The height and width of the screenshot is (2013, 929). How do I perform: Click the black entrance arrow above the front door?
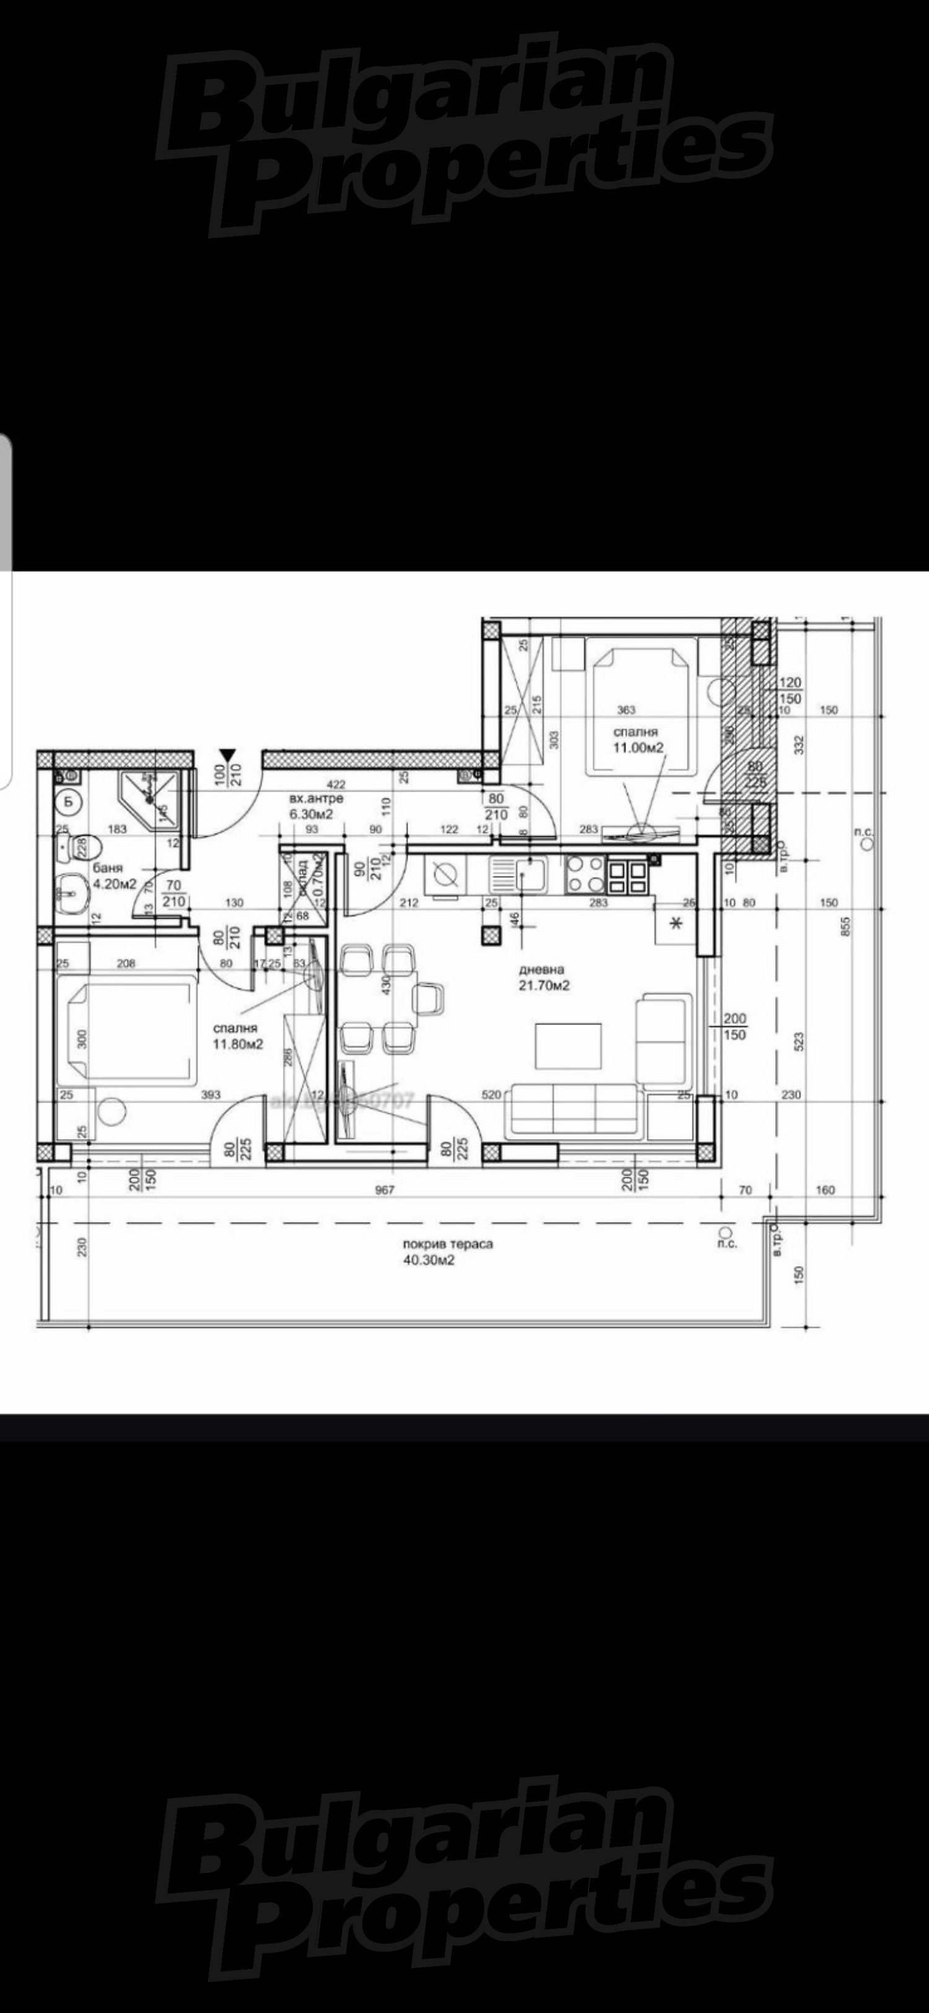227,755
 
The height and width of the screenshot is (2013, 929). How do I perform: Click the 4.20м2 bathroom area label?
115,884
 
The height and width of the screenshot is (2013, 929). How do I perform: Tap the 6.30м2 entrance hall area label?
312,813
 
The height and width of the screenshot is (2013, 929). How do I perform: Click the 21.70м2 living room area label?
544,985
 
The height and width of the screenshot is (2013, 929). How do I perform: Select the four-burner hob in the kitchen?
586,875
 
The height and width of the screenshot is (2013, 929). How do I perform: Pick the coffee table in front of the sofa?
568,1046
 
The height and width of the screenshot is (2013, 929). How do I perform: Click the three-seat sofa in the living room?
574,1111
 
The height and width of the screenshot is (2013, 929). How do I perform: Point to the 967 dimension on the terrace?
385,1190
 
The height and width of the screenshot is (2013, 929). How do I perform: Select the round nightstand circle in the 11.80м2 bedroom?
114,1111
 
